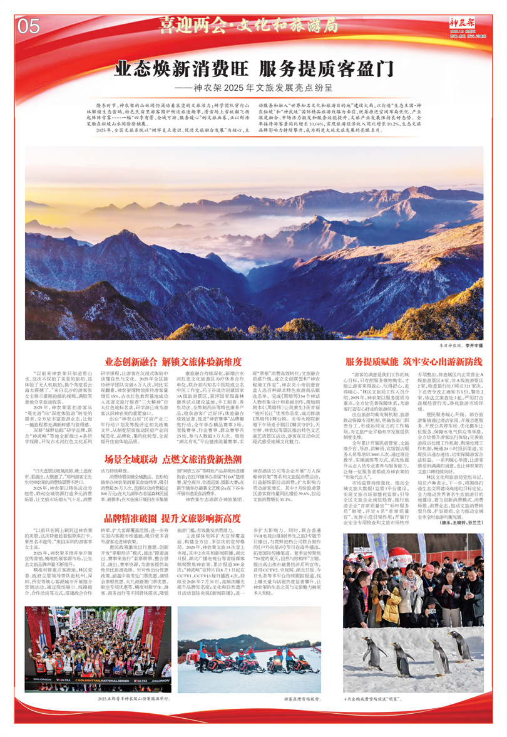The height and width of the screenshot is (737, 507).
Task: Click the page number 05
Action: pos(29,26)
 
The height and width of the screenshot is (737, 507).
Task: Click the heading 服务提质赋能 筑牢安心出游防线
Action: pos(414,362)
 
